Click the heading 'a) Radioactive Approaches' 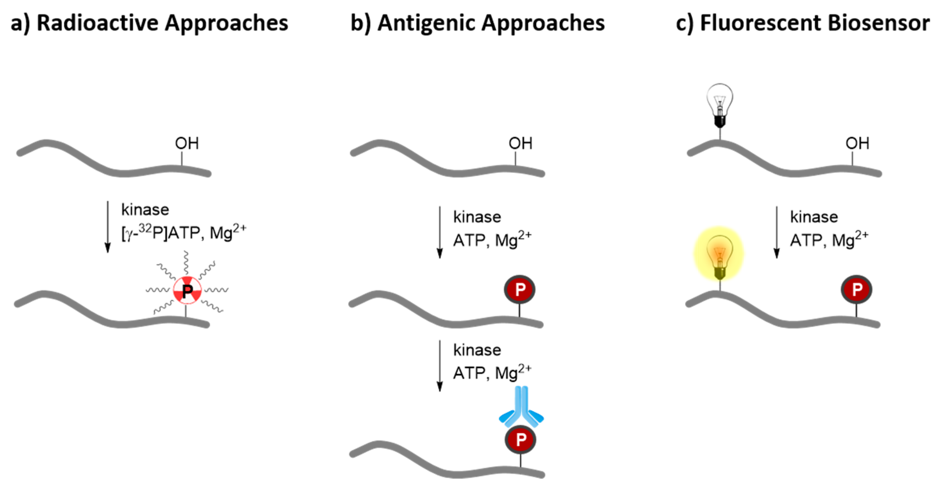coord(149,23)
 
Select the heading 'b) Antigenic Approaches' coord(477,23)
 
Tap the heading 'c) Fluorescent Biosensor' coord(803,23)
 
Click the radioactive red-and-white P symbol coord(187,290)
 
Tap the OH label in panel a coord(187,143)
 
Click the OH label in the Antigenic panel coord(520,143)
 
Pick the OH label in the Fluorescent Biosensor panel coord(857,143)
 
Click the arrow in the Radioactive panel coord(108,226)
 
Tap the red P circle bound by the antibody coord(520,440)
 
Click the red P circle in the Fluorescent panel coord(857,290)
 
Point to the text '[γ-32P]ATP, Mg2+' coord(183,232)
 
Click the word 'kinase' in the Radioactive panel coord(145,210)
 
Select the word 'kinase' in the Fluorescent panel coord(814,217)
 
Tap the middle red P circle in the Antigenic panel coord(520,290)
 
